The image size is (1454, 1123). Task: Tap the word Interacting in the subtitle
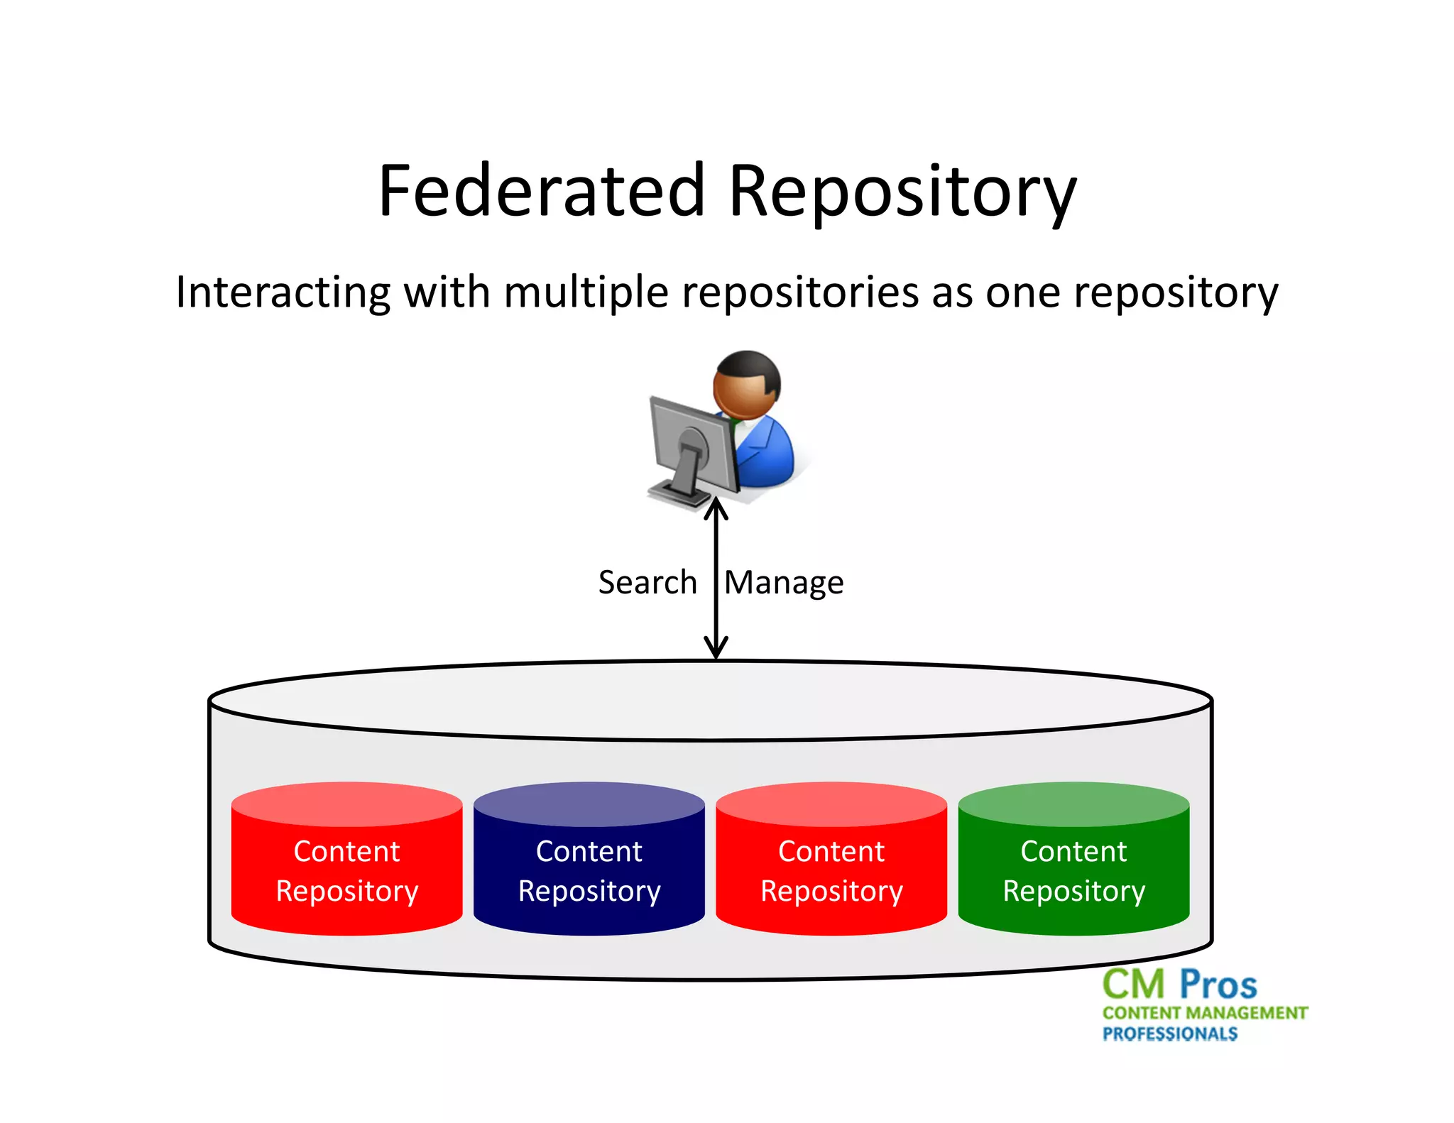pos(283,292)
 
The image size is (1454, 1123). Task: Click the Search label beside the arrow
pos(647,582)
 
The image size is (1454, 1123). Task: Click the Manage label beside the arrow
pos(784,584)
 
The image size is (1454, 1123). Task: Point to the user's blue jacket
pos(765,454)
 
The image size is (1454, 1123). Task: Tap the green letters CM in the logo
pos(1134,985)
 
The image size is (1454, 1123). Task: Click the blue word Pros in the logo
pos(1218,985)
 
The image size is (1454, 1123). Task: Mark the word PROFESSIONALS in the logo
pos(1169,1034)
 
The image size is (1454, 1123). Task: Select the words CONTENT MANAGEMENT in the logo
pos(1205,1013)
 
